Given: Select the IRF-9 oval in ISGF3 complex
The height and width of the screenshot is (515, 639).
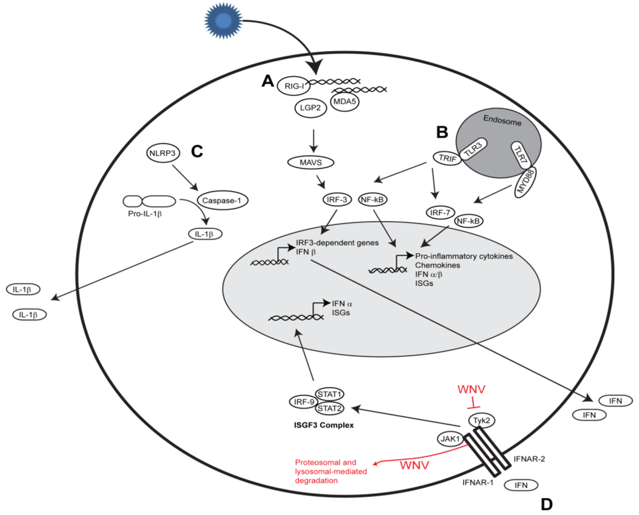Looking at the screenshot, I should coord(303,401).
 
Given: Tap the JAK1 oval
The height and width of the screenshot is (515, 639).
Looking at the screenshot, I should coord(452,438).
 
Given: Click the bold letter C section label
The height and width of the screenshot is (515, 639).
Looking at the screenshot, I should coord(197,151).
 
